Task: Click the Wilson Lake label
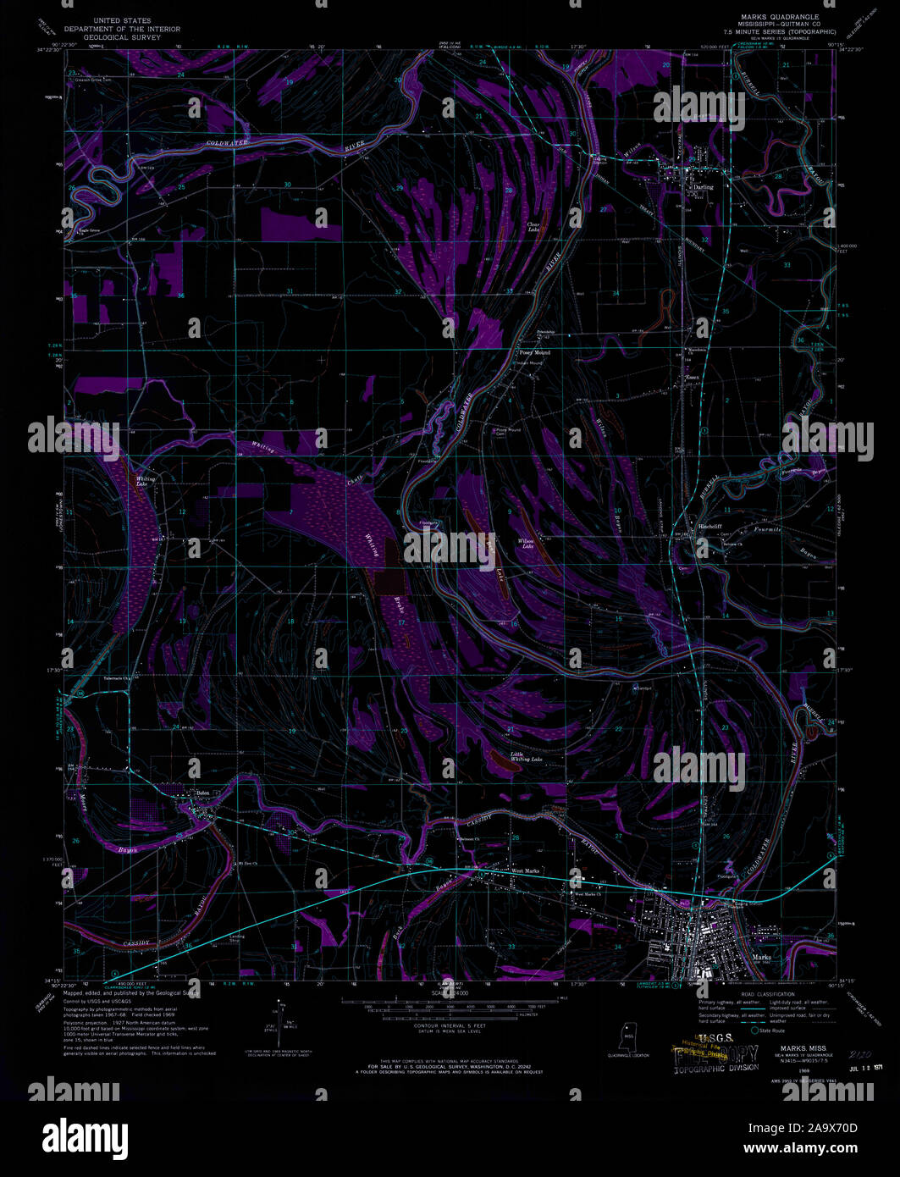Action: pos(527,544)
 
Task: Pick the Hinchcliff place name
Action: pos(709,526)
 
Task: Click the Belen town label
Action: pos(202,793)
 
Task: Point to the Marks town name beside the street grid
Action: pos(761,958)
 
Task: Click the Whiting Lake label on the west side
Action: pos(141,481)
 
